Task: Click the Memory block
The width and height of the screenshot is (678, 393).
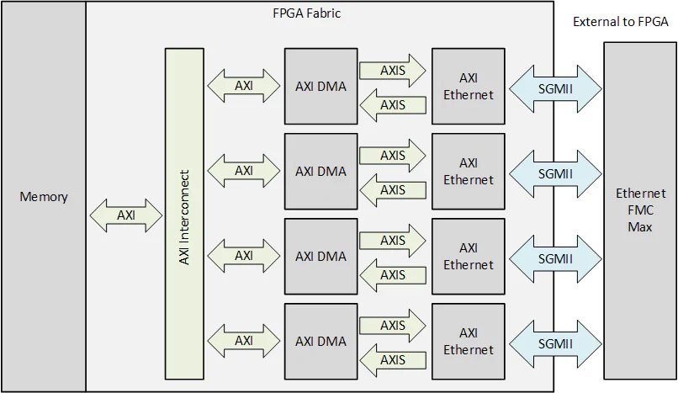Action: (x=43, y=197)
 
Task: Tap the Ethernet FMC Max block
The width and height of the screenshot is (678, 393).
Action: (x=640, y=210)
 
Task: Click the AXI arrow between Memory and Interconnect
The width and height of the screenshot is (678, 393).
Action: (x=126, y=215)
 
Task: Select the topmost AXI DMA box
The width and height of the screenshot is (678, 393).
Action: (x=320, y=86)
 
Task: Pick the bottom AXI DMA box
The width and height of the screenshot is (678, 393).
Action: (x=320, y=341)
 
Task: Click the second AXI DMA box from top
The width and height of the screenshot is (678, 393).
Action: (x=320, y=171)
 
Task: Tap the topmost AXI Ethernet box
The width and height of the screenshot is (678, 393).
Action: (x=469, y=86)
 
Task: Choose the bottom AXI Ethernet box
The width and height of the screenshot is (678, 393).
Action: (x=469, y=341)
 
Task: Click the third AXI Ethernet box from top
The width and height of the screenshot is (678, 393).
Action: (x=469, y=256)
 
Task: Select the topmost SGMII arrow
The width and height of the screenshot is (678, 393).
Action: (x=555, y=88)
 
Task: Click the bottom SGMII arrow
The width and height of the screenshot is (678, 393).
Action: (x=555, y=343)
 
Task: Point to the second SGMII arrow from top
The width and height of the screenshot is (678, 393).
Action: (x=555, y=173)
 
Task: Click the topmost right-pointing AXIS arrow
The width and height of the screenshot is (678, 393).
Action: (x=393, y=71)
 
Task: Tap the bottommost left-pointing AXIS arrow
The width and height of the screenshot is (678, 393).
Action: (x=393, y=360)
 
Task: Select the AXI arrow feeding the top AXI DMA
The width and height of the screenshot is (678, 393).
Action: (x=244, y=86)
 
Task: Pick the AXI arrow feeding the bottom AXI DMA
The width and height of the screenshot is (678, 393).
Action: (x=244, y=341)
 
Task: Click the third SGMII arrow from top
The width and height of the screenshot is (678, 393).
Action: (x=555, y=258)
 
